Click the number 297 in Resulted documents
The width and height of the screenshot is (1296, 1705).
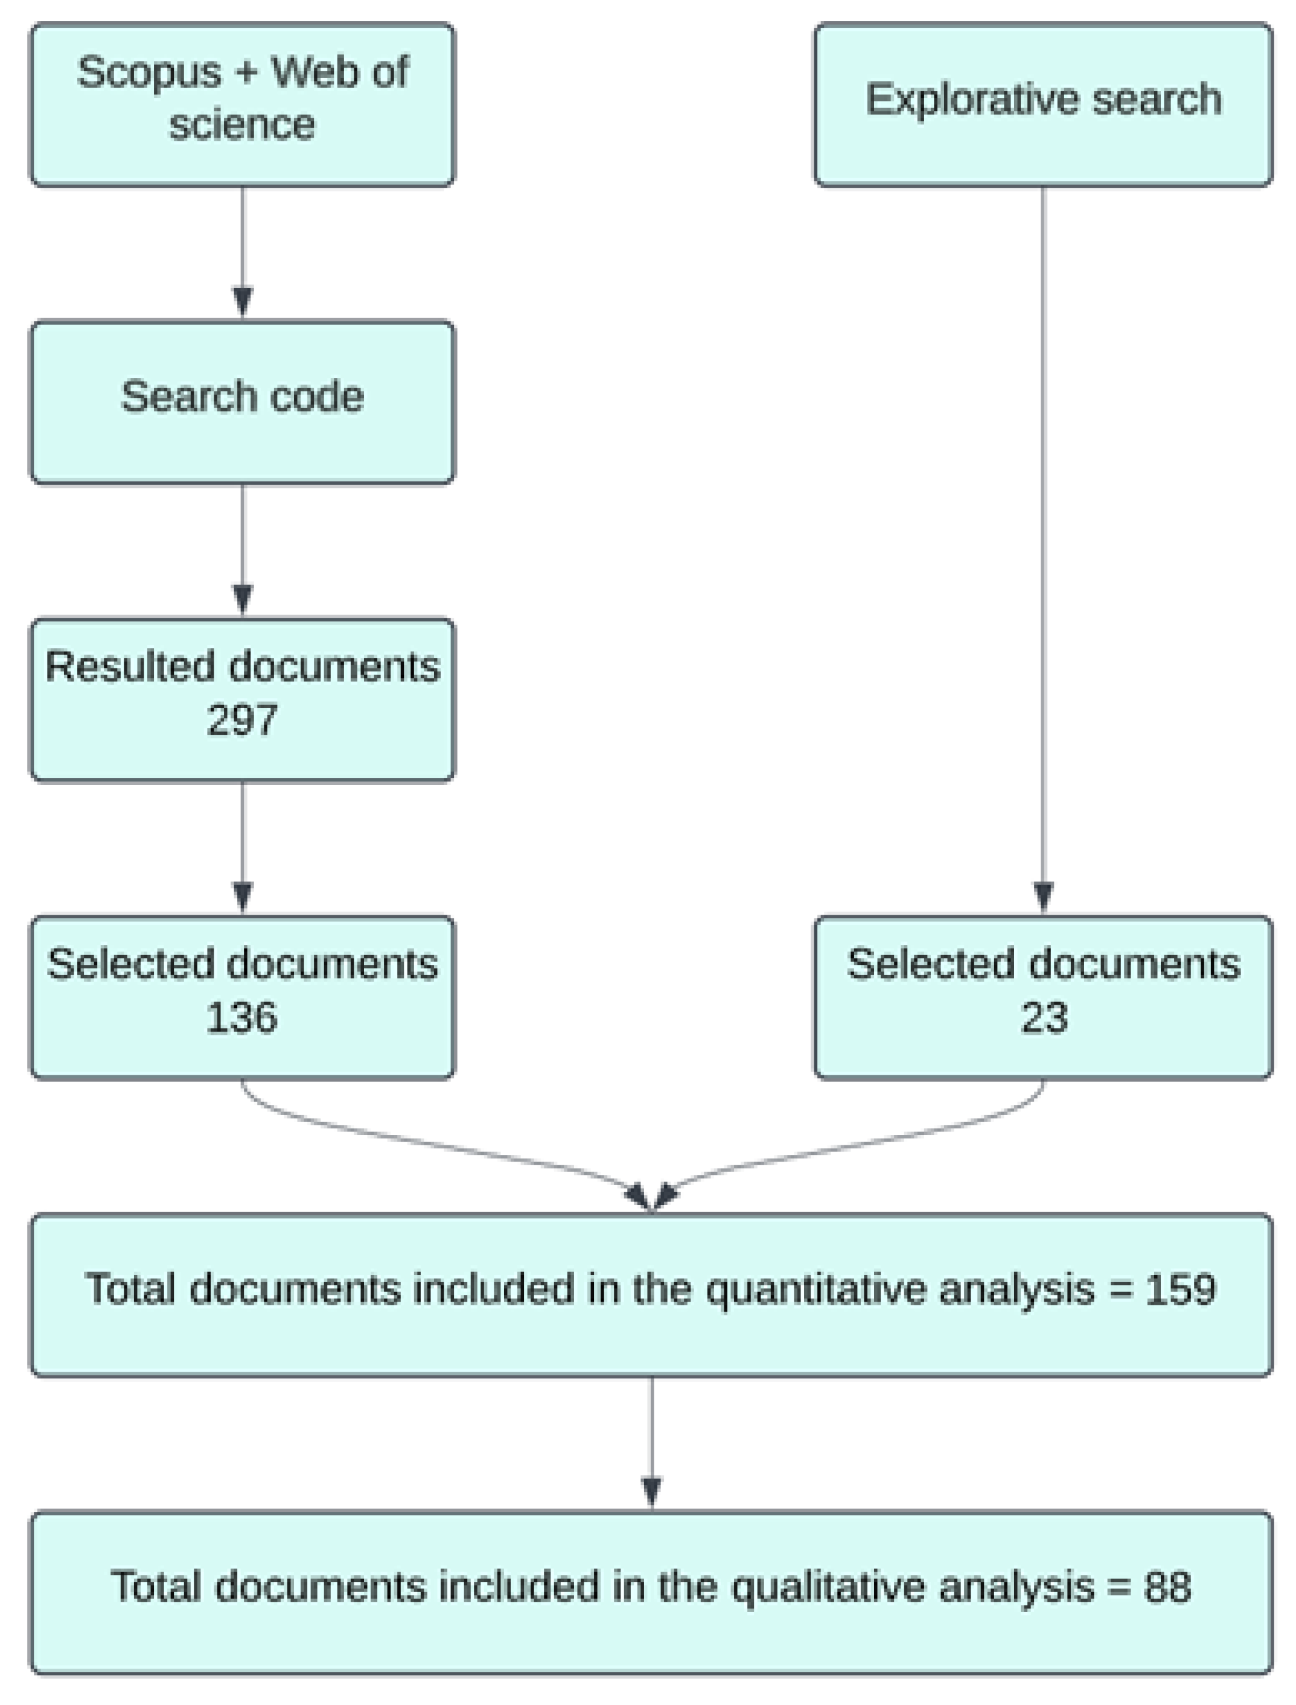tap(241, 720)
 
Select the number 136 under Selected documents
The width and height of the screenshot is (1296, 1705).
tap(241, 1017)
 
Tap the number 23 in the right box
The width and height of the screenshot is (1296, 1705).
tap(1044, 1017)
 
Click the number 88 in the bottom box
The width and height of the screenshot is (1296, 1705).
tap(1167, 1587)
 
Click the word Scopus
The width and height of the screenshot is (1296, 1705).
tap(149, 73)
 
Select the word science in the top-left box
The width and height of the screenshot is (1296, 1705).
tap(241, 125)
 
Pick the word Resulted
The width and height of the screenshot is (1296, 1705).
tap(128, 666)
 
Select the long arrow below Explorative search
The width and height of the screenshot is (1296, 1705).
tap(1043, 540)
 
